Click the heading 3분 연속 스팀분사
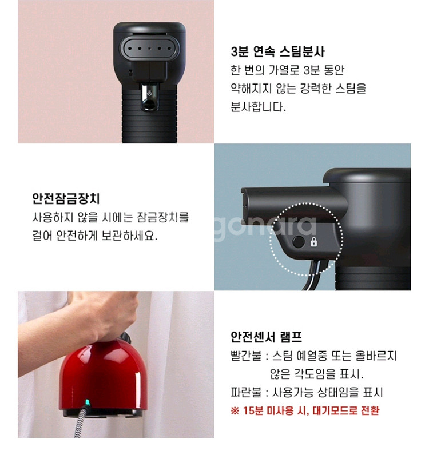(277, 52)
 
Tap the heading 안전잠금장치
(66, 198)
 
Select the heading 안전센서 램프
(267, 337)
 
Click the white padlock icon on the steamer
(314, 242)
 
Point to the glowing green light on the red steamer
(87, 402)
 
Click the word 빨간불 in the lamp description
(246, 356)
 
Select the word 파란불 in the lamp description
(246, 392)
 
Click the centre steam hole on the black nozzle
(149, 49)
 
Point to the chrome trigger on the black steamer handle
(149, 97)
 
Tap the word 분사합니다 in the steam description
(259, 107)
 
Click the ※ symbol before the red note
(235, 411)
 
